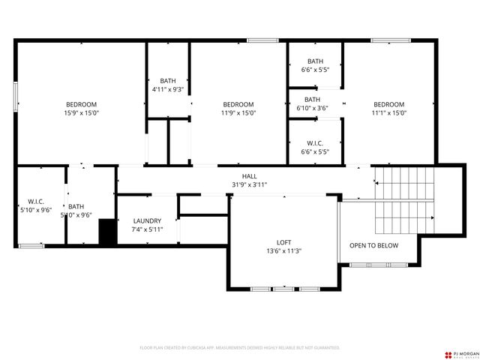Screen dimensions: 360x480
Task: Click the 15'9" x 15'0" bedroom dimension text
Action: (x=82, y=112)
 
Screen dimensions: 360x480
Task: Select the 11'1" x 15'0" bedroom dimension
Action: (x=388, y=112)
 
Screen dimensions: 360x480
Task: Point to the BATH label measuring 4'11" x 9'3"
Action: (x=168, y=80)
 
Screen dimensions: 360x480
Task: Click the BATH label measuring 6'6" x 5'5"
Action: (x=315, y=61)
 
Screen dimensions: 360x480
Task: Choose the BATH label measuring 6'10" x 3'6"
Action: (x=312, y=99)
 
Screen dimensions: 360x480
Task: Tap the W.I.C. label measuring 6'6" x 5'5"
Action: (x=315, y=143)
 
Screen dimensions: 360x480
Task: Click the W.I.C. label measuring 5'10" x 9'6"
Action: (x=36, y=202)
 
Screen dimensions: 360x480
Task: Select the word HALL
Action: (x=249, y=175)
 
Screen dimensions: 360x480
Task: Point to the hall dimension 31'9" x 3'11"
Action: (x=249, y=184)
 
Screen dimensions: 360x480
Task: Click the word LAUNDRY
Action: (x=147, y=220)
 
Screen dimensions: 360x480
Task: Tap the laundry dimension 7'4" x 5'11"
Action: (x=147, y=229)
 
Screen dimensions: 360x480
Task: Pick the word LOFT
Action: (x=283, y=242)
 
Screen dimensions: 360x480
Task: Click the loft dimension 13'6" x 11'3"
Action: (x=283, y=250)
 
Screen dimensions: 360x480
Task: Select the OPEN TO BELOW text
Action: (x=373, y=245)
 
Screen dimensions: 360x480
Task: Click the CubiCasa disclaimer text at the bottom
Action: (x=240, y=348)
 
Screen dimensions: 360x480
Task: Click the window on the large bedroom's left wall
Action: (x=16, y=98)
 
